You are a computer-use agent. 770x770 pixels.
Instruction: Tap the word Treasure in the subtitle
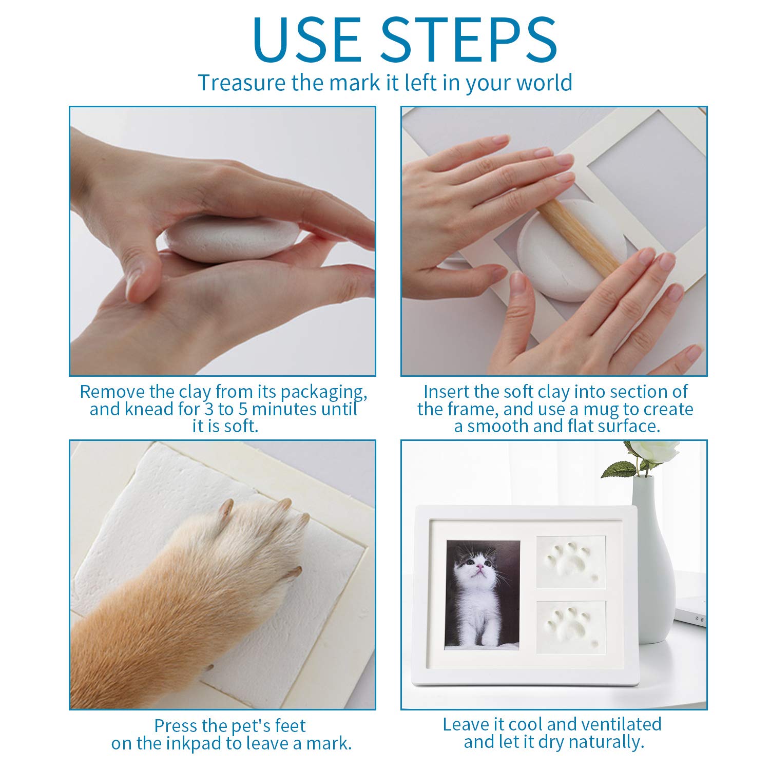click(x=242, y=83)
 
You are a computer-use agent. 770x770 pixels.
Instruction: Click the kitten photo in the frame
click(x=482, y=594)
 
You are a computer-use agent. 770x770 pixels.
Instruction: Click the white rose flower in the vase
click(x=654, y=452)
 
